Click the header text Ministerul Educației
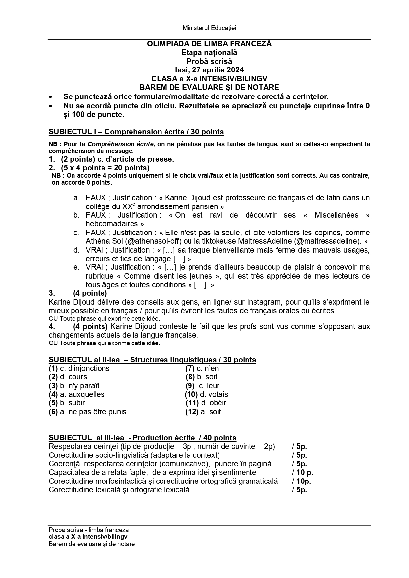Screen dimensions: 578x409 (x=209, y=28)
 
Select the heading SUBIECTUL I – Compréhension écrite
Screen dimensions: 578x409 (x=136, y=132)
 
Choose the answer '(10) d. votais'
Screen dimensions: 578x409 (x=206, y=394)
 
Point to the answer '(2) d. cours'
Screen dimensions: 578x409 (x=68, y=377)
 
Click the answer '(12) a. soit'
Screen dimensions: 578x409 (x=203, y=412)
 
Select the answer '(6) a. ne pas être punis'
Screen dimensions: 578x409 (x=87, y=412)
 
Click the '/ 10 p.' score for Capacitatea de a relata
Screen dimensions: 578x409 (x=303, y=473)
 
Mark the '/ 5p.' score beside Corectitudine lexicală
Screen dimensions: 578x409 (x=299, y=490)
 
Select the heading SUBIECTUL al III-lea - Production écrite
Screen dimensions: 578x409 (x=142, y=438)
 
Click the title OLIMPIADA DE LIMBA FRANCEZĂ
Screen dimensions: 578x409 (x=209, y=44)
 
